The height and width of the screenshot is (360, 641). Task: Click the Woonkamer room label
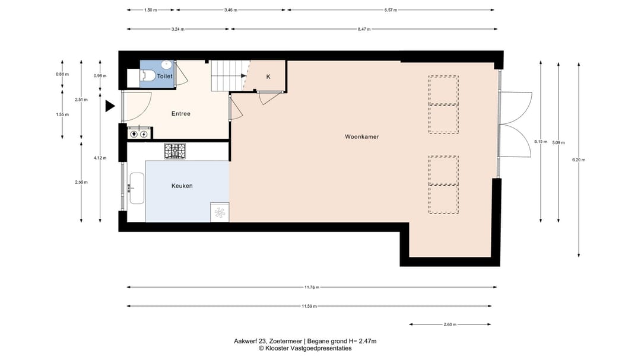click(x=362, y=137)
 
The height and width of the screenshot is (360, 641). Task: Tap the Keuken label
click(x=182, y=186)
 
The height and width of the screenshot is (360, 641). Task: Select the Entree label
click(x=180, y=114)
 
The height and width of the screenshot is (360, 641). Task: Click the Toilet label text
click(x=165, y=77)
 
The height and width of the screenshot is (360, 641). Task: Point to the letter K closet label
click(x=268, y=77)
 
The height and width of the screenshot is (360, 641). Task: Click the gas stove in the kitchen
click(x=175, y=151)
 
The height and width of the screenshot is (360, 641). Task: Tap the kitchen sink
click(x=137, y=188)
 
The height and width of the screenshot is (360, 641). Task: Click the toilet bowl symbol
click(x=148, y=75)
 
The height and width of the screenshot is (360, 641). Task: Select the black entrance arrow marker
click(x=110, y=106)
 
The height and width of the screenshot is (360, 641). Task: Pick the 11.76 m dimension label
click(x=312, y=287)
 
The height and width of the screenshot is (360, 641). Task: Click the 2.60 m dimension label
click(x=450, y=324)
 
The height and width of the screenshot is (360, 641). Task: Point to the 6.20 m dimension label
click(x=579, y=160)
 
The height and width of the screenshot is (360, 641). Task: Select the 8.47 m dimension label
click(x=364, y=30)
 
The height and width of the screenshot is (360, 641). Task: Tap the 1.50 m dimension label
click(x=150, y=10)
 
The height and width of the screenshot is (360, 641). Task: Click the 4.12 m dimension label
click(x=100, y=158)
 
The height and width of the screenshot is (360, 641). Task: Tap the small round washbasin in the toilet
click(x=166, y=65)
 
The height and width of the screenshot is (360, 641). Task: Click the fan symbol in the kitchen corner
click(x=220, y=212)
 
